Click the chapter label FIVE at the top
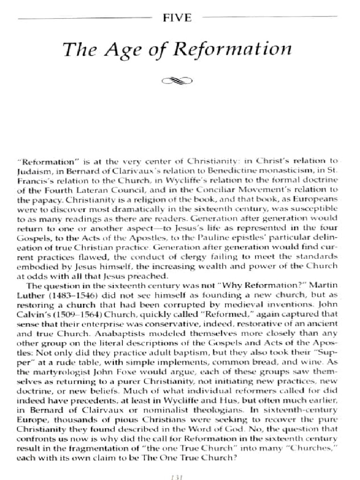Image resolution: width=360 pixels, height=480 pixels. coord(178,18)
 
